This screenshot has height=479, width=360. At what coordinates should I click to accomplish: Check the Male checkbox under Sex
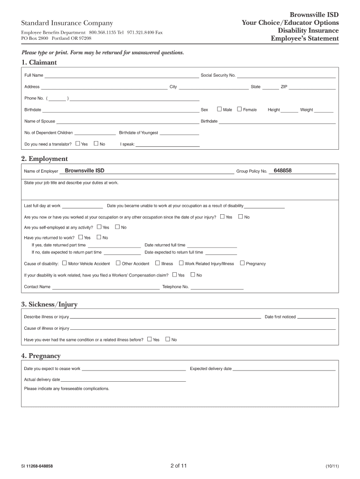219,109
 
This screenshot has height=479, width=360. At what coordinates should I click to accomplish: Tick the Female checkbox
239,109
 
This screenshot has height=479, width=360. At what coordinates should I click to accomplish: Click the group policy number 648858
283,171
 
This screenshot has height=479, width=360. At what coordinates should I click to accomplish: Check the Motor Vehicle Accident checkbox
65,263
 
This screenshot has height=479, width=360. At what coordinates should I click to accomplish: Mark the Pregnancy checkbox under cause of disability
242,263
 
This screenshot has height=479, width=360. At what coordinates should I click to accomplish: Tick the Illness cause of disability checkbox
158,263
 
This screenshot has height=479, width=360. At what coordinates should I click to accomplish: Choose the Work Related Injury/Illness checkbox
181,263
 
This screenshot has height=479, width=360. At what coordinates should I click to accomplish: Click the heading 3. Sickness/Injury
49,305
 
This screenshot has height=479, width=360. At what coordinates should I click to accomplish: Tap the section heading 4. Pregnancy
41,356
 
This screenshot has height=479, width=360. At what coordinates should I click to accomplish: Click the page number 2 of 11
179,466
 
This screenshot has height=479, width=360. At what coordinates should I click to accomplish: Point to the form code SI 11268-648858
36,466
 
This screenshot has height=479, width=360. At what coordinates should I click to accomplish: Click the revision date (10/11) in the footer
332,466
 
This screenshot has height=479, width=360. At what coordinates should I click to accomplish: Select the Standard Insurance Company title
67,23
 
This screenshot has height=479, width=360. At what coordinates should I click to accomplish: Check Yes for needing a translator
78,144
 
